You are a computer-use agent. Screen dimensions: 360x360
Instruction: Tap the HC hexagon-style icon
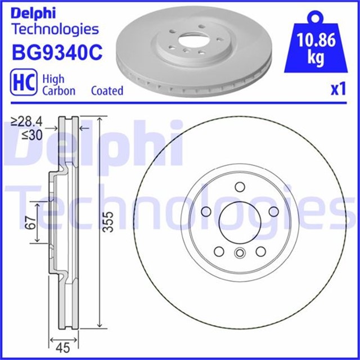(22, 83)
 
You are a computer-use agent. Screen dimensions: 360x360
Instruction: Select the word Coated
(107, 91)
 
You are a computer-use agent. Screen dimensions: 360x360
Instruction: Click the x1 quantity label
(337, 90)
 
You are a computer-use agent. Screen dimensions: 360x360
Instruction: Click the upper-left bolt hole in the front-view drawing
(205, 211)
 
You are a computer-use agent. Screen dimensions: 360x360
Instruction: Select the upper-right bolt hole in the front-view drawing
(273, 211)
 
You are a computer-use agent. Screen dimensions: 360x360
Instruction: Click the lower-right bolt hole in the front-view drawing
(260, 251)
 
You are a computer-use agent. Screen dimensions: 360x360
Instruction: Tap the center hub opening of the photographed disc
(188, 42)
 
